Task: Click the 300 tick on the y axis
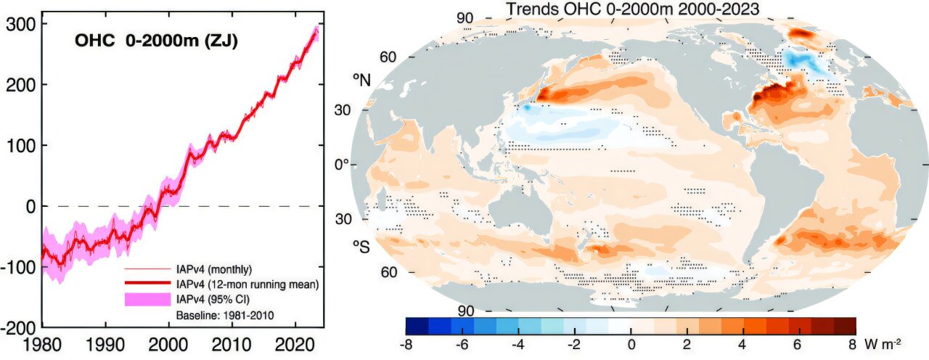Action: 20,25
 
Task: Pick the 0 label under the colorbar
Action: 631,343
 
